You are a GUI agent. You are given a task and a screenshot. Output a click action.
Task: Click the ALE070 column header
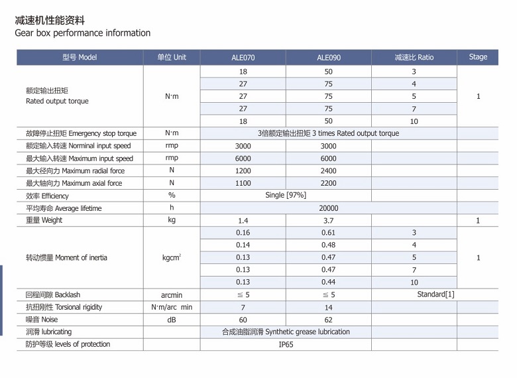243,58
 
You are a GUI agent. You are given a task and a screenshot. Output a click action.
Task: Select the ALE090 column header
328,58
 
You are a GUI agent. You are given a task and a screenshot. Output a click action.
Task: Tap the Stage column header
478,57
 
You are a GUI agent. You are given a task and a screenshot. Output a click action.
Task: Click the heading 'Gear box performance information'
83,33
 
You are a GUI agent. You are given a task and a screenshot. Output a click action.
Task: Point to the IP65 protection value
286,345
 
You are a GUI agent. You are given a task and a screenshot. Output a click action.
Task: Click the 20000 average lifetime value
328,208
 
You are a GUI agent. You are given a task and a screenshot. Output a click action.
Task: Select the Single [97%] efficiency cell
286,196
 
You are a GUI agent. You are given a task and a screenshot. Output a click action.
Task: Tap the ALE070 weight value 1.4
243,221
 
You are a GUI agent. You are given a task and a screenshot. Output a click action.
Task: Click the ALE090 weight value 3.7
328,221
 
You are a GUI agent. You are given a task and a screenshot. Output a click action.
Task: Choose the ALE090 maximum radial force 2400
328,171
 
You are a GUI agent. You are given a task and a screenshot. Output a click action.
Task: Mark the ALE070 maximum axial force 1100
243,184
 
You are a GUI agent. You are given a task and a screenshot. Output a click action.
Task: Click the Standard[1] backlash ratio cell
435,294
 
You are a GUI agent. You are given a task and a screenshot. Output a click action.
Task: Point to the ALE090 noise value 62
328,320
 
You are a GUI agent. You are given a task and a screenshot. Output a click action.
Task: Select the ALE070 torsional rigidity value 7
243,308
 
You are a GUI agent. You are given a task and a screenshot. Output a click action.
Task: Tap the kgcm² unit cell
171,258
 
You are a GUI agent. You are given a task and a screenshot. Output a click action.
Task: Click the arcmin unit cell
171,295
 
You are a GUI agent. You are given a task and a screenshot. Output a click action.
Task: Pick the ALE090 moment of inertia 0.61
328,233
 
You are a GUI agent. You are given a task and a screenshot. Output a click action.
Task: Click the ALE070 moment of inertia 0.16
243,233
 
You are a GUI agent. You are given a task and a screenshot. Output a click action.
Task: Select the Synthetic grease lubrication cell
286,332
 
